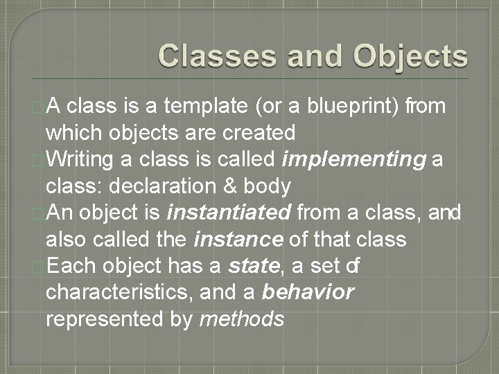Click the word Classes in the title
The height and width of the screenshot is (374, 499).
[213, 56]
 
